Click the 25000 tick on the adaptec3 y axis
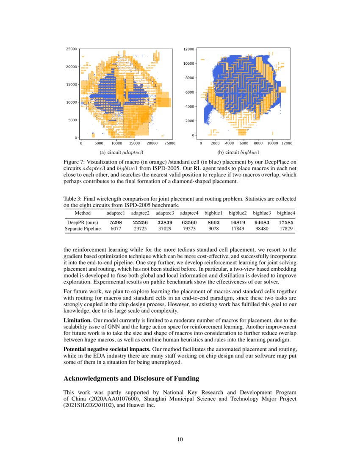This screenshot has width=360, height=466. (x=71, y=49)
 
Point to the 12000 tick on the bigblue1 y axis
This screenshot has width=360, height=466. (x=188, y=49)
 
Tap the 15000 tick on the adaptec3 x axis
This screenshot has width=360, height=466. (x=134, y=144)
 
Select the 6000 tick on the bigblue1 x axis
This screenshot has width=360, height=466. (x=244, y=144)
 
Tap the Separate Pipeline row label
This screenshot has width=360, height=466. (x=83, y=228)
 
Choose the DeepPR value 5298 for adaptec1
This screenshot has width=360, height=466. (x=116, y=222)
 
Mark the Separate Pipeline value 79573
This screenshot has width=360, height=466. (x=188, y=228)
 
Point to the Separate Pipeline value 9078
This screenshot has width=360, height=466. (x=213, y=228)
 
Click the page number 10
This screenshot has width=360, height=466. (x=180, y=439)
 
